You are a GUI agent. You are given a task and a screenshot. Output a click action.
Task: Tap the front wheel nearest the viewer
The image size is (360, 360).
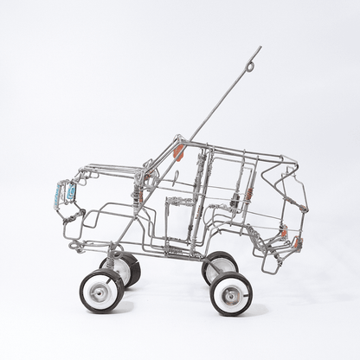point(102,290)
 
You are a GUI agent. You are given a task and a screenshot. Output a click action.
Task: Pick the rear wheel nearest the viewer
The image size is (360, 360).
point(230,293)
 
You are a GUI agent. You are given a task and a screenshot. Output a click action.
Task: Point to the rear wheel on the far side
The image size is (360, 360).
point(219,267)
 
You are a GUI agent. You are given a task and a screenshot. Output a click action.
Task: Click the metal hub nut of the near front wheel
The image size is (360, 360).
point(101,291)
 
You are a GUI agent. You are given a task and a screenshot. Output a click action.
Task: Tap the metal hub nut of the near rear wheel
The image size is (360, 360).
point(231,295)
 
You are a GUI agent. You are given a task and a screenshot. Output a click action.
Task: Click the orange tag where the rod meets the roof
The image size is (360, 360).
point(179,152)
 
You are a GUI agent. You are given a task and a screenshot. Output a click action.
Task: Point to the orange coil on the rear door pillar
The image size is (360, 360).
point(247,196)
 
